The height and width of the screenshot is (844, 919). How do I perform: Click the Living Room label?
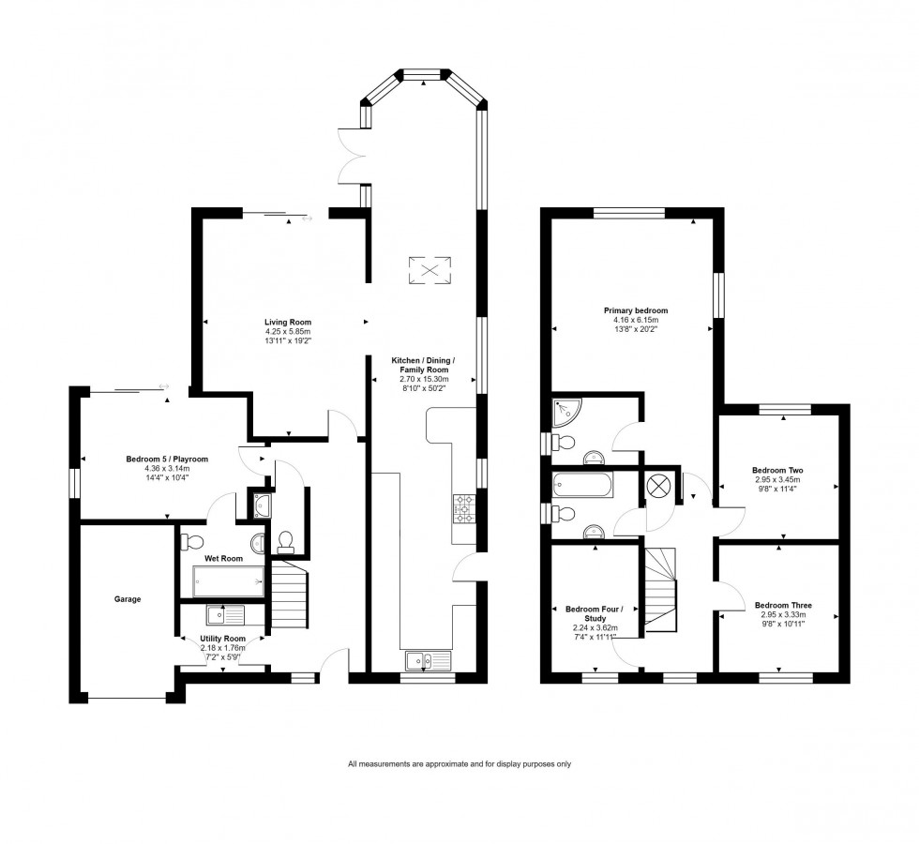tap(287, 322)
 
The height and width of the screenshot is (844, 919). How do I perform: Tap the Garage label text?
tap(128, 598)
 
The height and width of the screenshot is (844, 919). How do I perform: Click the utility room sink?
tap(225, 615)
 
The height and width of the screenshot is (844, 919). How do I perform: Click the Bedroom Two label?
tap(777, 470)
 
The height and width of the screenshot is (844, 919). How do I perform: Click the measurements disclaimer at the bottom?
tap(459, 763)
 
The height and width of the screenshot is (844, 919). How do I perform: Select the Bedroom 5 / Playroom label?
tap(167, 459)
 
